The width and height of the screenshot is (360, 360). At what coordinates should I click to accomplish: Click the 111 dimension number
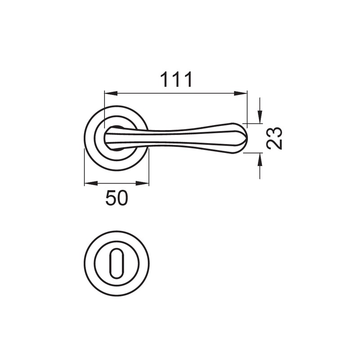(176, 80)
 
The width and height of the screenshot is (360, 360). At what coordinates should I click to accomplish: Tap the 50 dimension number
(117, 198)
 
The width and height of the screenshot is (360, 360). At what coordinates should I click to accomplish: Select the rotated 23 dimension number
(274, 138)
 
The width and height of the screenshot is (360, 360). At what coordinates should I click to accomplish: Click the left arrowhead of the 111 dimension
(111, 94)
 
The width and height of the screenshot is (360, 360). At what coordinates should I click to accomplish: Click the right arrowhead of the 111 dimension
(241, 94)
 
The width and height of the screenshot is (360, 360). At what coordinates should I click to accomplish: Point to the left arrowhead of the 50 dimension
(91, 183)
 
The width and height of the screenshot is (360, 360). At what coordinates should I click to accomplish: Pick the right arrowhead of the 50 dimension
(142, 183)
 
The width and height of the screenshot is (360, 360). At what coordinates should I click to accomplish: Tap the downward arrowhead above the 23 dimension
(260, 117)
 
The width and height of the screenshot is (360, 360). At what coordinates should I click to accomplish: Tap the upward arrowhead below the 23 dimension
(260, 159)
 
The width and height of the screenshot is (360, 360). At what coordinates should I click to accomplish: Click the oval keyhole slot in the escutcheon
(117, 264)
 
